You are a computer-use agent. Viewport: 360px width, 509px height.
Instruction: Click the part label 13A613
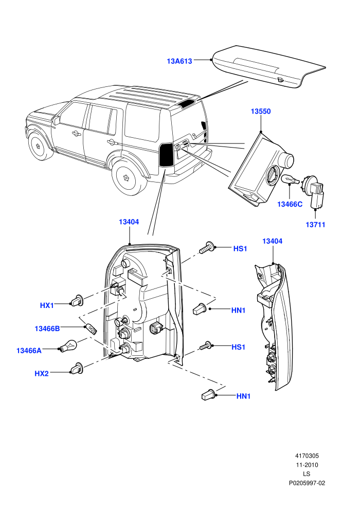tap(179, 61)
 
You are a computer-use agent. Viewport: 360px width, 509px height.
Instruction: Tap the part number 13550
tap(261, 112)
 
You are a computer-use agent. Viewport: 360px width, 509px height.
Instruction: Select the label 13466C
tap(290, 204)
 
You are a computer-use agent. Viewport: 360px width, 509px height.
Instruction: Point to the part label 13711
tap(315, 224)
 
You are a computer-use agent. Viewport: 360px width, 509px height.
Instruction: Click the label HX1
tap(47, 305)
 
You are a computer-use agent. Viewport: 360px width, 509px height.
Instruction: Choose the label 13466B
tap(47, 329)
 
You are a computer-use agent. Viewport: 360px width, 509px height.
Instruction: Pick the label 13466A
tap(29, 351)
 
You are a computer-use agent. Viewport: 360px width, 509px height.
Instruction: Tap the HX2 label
tap(42, 374)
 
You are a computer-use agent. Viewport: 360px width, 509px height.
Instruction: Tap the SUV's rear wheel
tap(127, 177)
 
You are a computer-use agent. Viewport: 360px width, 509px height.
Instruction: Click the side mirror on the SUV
tap(57, 120)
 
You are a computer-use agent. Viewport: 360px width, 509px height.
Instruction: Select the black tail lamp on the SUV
tap(166, 154)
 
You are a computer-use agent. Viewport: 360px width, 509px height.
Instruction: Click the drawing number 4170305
tap(307, 456)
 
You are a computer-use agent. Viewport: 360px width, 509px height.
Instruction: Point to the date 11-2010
tap(307, 465)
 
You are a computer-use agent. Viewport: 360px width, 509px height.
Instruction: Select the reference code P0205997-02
tap(307, 483)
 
